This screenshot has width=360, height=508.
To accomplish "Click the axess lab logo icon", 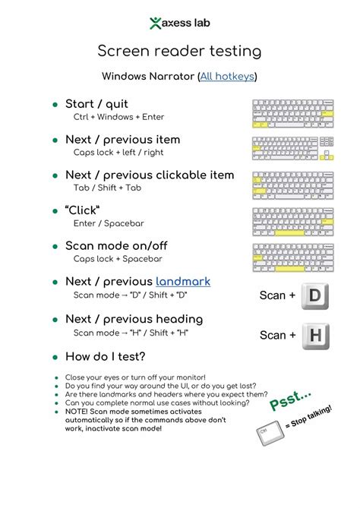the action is [x=155, y=23].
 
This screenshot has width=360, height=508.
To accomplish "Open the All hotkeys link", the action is [x=227, y=77].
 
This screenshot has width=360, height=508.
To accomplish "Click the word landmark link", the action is [x=183, y=282].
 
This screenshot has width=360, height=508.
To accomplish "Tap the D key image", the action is [x=315, y=296].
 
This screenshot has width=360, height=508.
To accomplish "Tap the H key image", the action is [x=316, y=336].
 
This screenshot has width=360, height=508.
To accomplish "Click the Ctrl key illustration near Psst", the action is [x=270, y=433].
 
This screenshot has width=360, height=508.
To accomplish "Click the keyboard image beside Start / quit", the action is [x=293, y=114].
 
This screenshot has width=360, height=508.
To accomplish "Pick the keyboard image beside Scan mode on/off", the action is [x=293, y=258].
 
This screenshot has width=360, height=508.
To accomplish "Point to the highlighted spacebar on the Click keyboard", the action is [x=289, y=233].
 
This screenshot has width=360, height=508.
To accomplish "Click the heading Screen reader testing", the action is [x=179, y=51].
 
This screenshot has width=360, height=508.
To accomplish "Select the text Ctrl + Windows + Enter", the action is [x=118, y=117].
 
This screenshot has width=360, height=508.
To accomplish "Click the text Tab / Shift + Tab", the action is [x=107, y=188].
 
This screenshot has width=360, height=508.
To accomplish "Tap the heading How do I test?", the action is [x=106, y=357].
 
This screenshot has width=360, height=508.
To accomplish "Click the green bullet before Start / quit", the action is [x=55, y=105].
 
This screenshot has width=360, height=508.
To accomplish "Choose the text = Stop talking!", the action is [x=308, y=416].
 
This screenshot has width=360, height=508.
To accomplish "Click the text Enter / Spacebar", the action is [x=109, y=223].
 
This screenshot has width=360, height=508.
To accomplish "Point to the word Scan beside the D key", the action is [x=272, y=295].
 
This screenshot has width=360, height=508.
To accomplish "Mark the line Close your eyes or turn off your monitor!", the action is [x=135, y=377].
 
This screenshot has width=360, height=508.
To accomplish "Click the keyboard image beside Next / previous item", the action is [x=293, y=148].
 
